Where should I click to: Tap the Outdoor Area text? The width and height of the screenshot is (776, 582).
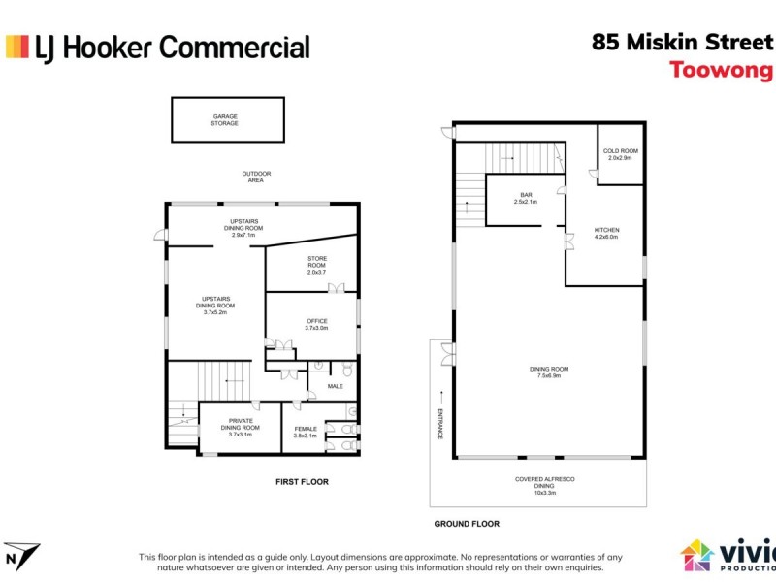tap(257, 177)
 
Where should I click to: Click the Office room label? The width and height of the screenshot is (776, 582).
tap(317, 325)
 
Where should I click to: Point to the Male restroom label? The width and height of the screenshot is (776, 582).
tap(336, 386)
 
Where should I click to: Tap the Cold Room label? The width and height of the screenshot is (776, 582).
tap(620, 154)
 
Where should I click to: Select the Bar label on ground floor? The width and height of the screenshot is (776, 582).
tap(525, 198)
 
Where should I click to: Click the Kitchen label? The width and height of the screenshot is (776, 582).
tap(607, 233)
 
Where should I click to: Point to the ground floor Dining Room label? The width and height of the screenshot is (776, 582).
tap(549, 372)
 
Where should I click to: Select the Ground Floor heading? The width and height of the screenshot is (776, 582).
tap(467, 524)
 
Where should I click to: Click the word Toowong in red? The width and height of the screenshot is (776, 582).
tap(721, 70)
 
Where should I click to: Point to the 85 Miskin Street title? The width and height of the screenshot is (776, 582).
tap(682, 43)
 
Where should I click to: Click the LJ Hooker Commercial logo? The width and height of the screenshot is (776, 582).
tap(158, 47)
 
